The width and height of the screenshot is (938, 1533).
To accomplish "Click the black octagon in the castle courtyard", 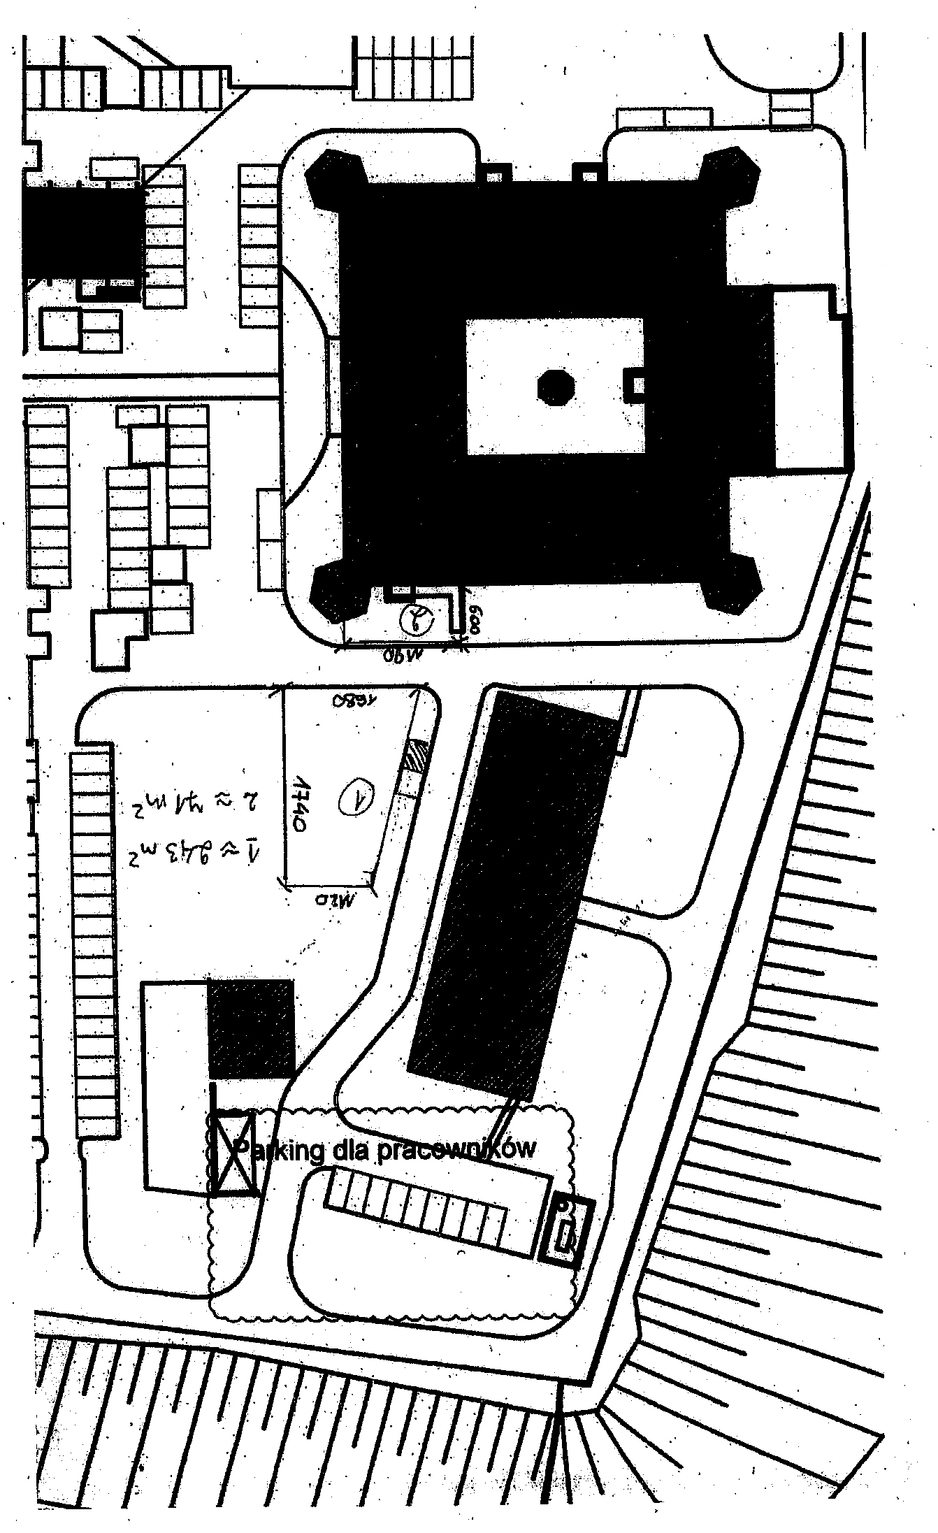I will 556,387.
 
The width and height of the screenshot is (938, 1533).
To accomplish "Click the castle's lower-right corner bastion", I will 731,588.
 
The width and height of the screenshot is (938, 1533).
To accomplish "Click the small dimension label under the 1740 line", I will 333,897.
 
